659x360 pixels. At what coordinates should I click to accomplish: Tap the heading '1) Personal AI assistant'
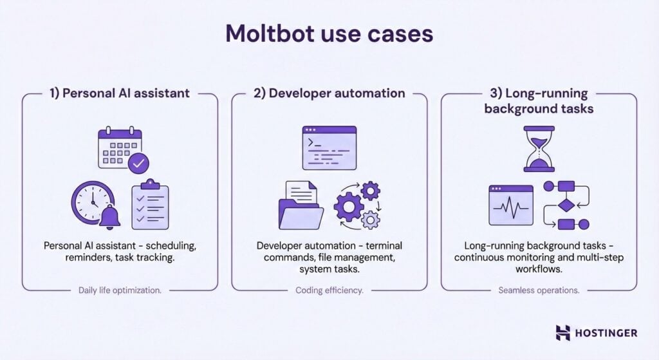click(x=120, y=93)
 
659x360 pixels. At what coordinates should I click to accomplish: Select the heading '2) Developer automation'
click(x=329, y=93)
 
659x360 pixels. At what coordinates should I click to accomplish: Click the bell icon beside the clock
click(x=110, y=218)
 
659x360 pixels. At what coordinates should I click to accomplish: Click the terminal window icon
click(x=329, y=147)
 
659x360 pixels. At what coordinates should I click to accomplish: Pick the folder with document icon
click(x=299, y=205)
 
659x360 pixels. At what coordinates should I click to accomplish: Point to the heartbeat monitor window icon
click(x=511, y=205)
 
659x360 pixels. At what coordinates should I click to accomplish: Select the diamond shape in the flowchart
click(x=565, y=205)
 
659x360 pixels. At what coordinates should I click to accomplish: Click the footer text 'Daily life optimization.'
click(x=120, y=290)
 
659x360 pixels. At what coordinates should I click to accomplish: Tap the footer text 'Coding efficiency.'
click(x=329, y=290)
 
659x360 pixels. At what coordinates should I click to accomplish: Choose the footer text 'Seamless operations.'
click(x=539, y=290)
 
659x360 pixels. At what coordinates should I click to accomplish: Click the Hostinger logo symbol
click(x=563, y=332)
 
